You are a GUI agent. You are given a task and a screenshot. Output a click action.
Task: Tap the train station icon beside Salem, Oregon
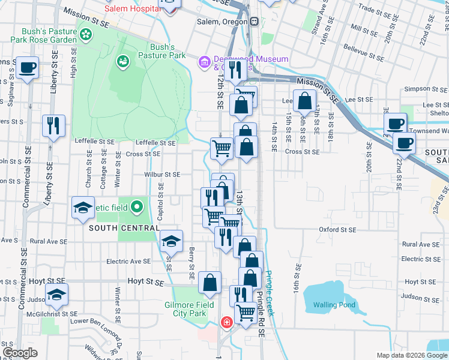(255, 22)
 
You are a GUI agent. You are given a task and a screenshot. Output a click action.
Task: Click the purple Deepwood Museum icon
(205, 62)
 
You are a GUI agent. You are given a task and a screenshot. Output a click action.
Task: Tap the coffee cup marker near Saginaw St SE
(27, 67)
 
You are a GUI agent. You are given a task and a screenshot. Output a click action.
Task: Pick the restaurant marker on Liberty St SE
(53, 126)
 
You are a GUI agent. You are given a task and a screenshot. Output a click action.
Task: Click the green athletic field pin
(137, 208)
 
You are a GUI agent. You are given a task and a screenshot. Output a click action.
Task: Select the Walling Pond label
(334, 305)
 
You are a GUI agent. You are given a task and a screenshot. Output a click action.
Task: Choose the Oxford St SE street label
(337, 229)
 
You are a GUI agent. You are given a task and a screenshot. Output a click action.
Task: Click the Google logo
(20, 353)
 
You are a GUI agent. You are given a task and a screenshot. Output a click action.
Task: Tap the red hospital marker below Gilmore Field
(226, 323)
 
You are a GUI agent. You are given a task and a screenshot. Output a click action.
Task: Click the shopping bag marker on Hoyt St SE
(209, 283)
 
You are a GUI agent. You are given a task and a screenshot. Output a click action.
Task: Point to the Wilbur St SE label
(162, 175)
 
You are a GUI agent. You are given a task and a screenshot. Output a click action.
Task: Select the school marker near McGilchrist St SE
(56, 294)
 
